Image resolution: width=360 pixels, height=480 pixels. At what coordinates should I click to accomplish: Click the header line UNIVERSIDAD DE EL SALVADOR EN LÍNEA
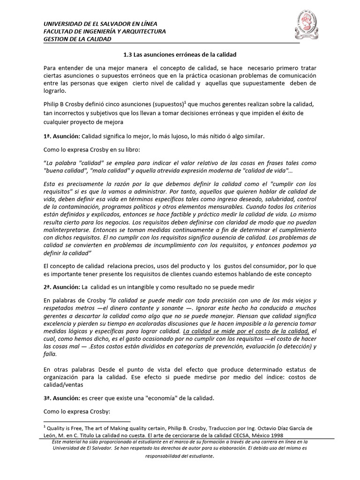[x=100, y=24]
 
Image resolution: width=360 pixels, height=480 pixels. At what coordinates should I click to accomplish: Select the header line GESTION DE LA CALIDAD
[x=77, y=39]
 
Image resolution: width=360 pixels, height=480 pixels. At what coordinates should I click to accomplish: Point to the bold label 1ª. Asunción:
[x=61, y=136]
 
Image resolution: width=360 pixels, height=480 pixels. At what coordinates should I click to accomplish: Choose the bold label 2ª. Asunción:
[x=61, y=286]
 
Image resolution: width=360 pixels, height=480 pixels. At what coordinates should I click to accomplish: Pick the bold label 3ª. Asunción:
[x=61, y=398]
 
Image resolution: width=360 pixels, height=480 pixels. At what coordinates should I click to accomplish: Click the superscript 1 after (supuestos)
[x=185, y=101]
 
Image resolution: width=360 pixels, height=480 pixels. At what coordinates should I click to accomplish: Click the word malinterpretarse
[x=64, y=229]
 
